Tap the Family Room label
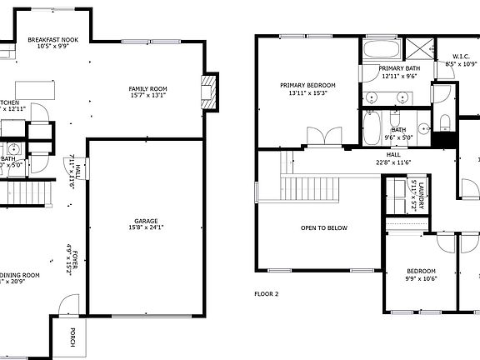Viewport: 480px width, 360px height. point(147,88)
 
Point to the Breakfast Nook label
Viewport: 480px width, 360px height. point(52,40)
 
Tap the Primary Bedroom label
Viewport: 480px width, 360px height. point(307,85)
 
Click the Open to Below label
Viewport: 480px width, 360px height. point(324,227)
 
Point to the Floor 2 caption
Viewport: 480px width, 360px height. point(266,293)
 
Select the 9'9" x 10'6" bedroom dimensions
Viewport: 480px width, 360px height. point(422,279)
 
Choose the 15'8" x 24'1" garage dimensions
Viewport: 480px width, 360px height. point(146,227)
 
